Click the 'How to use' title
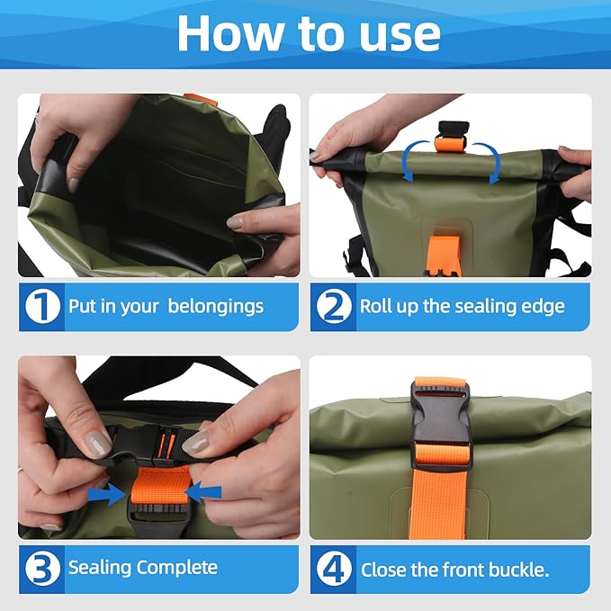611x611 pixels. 309,33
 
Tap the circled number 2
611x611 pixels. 333,306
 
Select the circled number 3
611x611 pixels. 41,568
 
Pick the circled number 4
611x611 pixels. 333,568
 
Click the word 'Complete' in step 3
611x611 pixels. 177,568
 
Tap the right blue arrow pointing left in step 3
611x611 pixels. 206,492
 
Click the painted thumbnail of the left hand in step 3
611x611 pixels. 96,441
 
